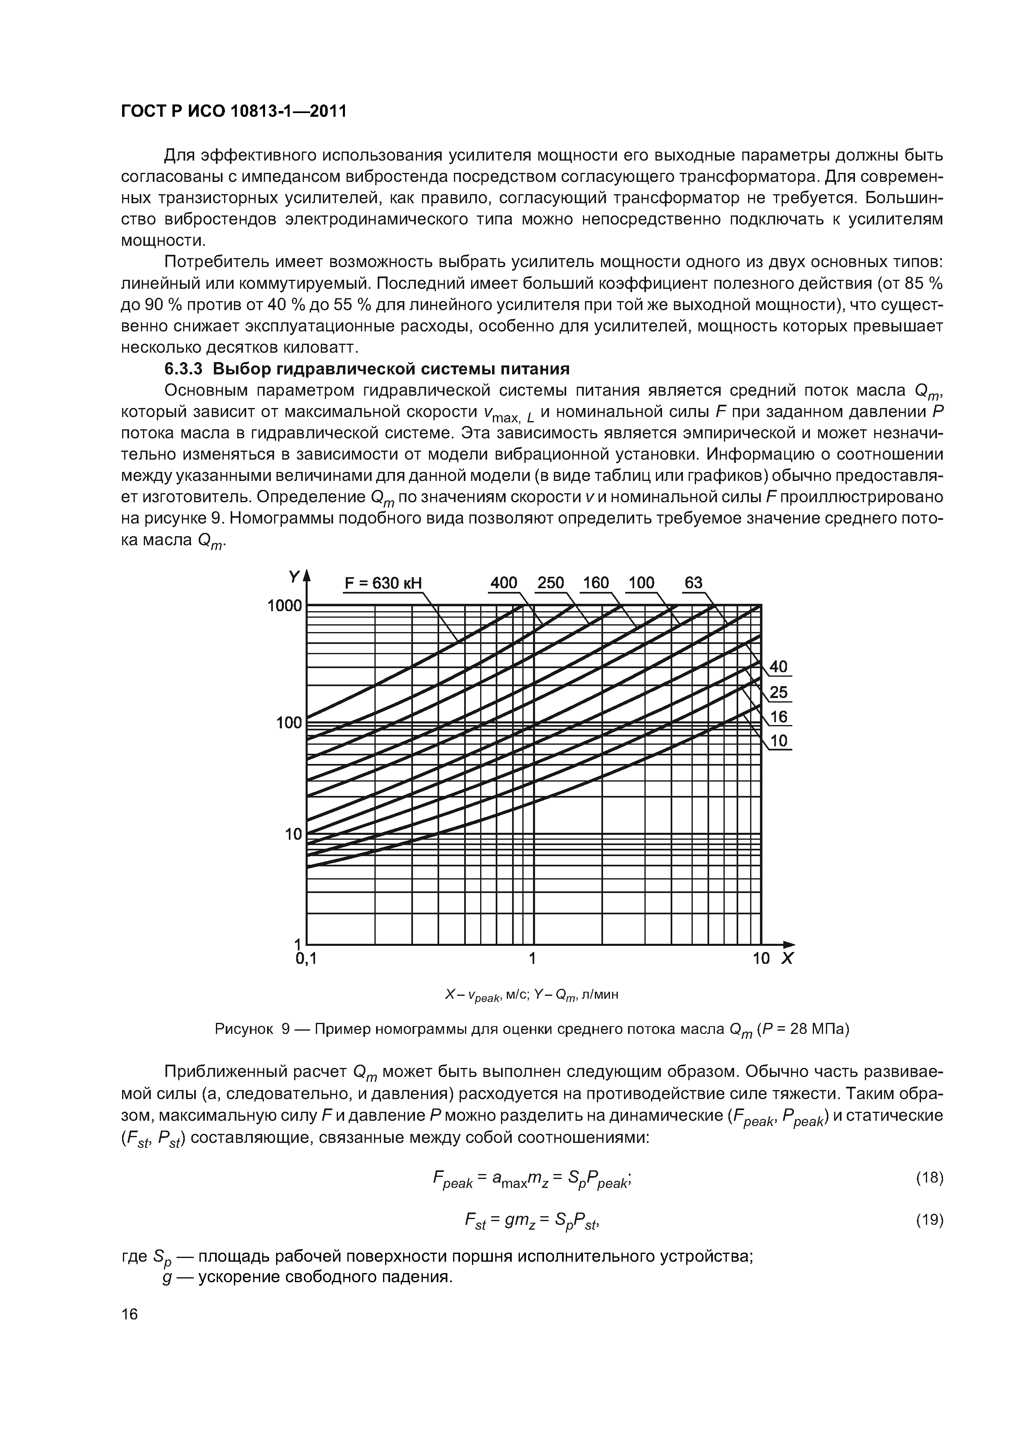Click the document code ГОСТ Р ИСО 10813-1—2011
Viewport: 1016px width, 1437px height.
coord(233,111)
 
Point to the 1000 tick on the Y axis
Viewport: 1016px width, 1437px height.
coord(284,606)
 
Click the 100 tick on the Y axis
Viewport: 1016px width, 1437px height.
coord(289,723)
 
